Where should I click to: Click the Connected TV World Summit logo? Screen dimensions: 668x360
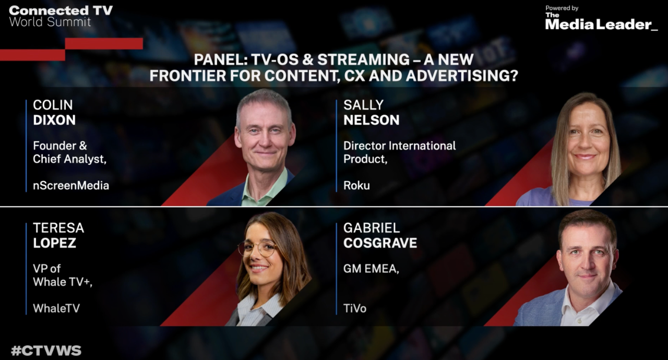point(61,16)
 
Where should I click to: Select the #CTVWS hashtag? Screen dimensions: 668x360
point(46,351)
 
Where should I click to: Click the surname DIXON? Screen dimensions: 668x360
point(54,120)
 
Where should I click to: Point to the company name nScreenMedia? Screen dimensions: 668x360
point(71,186)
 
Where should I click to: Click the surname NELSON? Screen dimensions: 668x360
point(371,120)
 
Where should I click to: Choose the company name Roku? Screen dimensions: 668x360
point(356,186)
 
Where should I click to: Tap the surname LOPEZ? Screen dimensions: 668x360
point(55,243)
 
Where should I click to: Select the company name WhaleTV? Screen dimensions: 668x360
point(56,308)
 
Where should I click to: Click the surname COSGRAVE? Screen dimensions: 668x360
point(380,243)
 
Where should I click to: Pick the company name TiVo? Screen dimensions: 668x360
point(355,308)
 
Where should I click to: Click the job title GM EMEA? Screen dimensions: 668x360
point(371,269)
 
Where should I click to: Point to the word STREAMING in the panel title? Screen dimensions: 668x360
point(363,59)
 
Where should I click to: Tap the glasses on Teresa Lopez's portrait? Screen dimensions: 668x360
point(258,249)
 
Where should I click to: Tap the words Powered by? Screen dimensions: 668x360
point(562,8)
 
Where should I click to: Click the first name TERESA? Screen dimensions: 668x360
point(58,228)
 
